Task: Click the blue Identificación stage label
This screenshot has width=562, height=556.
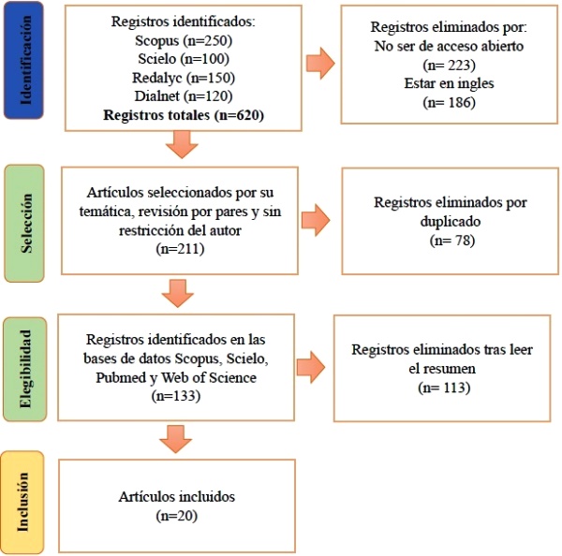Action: click(x=23, y=60)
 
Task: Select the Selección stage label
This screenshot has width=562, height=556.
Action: click(x=24, y=223)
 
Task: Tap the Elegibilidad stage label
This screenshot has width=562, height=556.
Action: click(x=24, y=369)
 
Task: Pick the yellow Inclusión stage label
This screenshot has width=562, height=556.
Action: click(x=22, y=503)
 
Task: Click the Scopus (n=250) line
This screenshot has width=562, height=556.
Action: click(x=184, y=40)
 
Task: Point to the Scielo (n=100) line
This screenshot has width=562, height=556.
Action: click(x=184, y=59)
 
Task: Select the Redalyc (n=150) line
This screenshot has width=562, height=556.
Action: click(x=184, y=78)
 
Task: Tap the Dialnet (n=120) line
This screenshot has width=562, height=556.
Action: click(x=184, y=96)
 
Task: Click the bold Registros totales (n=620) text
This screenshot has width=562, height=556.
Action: click(x=184, y=115)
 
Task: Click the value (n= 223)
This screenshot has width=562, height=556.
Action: click(x=449, y=66)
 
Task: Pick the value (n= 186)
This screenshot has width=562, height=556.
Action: click(x=449, y=102)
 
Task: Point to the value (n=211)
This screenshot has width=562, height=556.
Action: click(x=180, y=249)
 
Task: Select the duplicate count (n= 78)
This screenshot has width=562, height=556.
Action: click(x=452, y=240)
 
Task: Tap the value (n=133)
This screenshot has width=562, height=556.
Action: click(x=176, y=396)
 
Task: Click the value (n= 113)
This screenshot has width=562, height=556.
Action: click(x=444, y=388)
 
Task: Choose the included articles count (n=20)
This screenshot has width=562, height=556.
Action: click(x=177, y=516)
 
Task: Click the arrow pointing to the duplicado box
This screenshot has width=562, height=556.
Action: click(x=316, y=220)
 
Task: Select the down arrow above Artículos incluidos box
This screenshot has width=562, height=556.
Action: click(x=176, y=439)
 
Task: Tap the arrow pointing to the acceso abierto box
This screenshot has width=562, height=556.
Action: click(x=320, y=63)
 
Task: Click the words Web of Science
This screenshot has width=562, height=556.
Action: click(x=209, y=377)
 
